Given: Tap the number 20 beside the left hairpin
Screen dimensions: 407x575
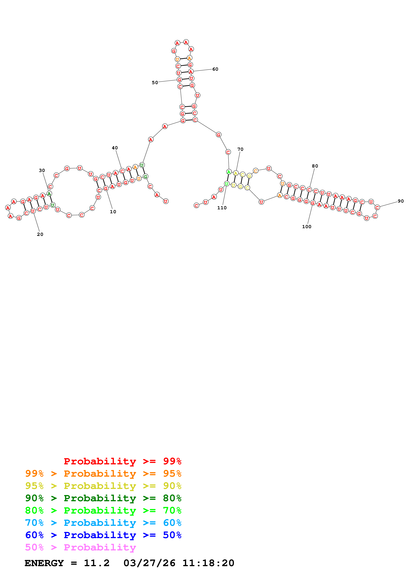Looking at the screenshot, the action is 40,234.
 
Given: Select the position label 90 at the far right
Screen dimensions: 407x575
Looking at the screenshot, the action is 400,201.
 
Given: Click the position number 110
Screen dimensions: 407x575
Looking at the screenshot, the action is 222,208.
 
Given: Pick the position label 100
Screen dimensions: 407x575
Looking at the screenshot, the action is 307,227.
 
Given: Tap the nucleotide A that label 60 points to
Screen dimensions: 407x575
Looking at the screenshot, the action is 191,72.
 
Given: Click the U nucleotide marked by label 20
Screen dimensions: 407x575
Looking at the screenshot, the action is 33,211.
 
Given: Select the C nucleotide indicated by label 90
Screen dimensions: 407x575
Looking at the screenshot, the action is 377,207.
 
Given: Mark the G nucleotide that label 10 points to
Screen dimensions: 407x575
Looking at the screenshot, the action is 106,188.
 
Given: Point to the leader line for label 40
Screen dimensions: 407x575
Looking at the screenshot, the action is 118,159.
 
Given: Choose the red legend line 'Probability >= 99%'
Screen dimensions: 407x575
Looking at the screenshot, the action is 122,461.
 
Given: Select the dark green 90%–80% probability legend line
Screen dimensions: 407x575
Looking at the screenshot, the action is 103,498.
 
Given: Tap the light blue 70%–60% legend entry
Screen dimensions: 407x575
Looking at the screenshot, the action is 103,523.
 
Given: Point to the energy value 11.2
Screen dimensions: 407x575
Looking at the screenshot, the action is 97,563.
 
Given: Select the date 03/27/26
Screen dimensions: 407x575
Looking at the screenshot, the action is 149,563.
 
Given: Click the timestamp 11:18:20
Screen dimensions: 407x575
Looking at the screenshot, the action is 208,563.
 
